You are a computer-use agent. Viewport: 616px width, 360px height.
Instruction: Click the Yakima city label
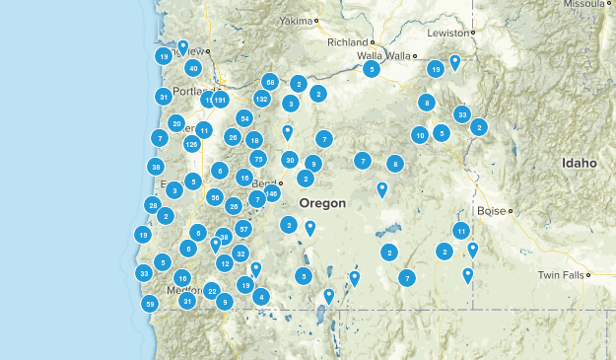(294, 20)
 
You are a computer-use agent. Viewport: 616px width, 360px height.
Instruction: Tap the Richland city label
(347, 42)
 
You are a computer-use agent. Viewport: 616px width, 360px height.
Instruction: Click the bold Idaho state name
(579, 163)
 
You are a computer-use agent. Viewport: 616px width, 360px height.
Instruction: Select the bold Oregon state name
(322, 203)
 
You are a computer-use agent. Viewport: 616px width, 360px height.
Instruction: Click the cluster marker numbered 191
(219, 100)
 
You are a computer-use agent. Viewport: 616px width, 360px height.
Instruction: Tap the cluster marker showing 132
(261, 99)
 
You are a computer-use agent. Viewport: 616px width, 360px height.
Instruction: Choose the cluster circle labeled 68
(270, 82)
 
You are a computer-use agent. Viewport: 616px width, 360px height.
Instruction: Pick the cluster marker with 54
(244, 118)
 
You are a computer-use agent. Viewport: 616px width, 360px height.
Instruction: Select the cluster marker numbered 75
(258, 158)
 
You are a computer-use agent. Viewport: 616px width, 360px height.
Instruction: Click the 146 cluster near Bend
(271, 194)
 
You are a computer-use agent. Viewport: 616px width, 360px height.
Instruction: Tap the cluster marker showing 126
(191, 144)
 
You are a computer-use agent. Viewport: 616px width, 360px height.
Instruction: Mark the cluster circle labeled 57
(244, 229)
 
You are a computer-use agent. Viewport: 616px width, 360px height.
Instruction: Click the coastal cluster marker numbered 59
(150, 304)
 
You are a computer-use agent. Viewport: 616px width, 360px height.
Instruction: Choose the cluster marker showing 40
(193, 68)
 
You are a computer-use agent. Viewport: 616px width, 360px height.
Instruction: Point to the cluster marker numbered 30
(290, 159)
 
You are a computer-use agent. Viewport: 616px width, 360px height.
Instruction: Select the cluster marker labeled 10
(420, 135)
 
